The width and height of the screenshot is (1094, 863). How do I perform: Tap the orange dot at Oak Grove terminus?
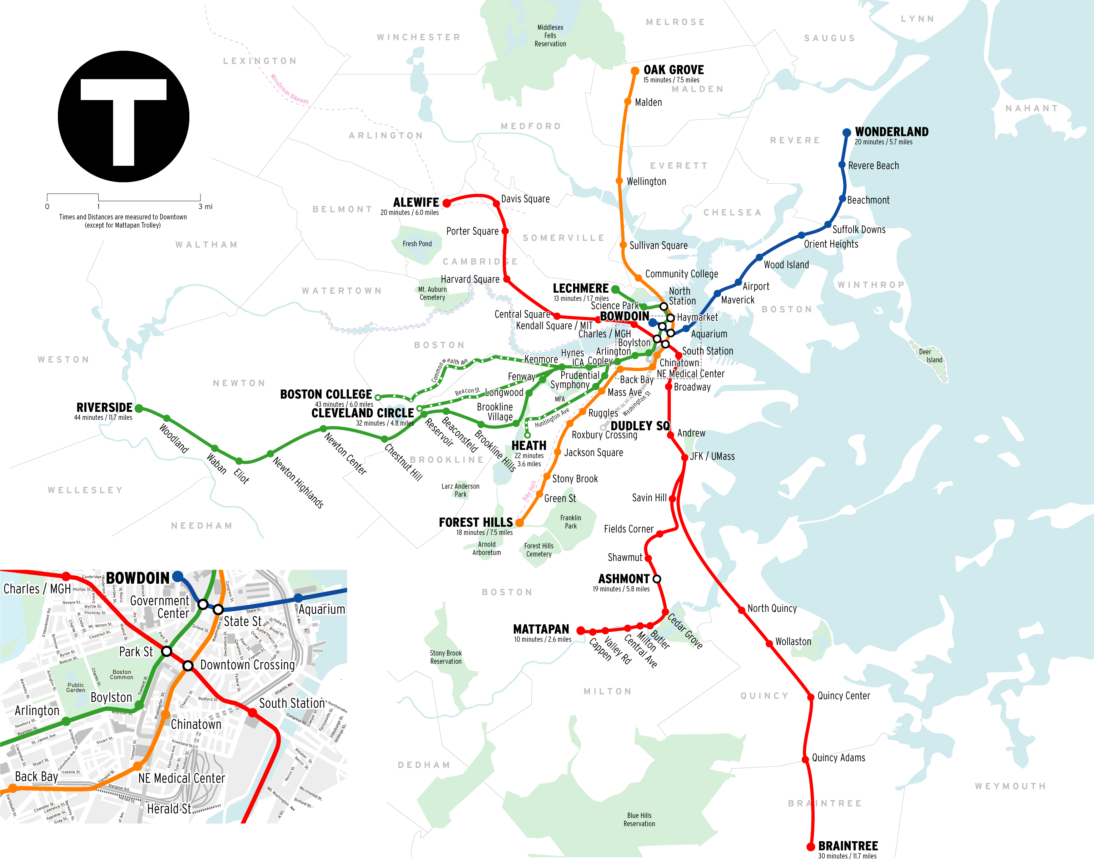point(635,71)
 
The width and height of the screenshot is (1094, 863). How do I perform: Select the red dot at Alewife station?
point(447,203)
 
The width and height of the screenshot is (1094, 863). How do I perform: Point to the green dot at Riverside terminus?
point(139,408)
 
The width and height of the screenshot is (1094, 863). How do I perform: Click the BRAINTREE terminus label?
point(848,846)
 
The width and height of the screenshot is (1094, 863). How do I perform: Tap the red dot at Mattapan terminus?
point(581,631)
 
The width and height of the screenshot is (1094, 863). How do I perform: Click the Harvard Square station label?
point(470,279)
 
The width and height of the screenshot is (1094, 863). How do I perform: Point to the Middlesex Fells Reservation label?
point(550,36)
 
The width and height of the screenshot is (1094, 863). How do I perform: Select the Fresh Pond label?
point(417,244)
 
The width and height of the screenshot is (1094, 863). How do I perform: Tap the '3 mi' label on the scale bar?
point(205,207)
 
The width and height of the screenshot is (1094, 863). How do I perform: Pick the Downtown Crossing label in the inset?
point(248,665)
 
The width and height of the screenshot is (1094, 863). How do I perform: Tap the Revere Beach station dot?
point(842,165)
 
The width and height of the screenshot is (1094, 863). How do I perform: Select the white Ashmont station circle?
point(657,579)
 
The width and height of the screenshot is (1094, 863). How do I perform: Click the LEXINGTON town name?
point(260,61)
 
